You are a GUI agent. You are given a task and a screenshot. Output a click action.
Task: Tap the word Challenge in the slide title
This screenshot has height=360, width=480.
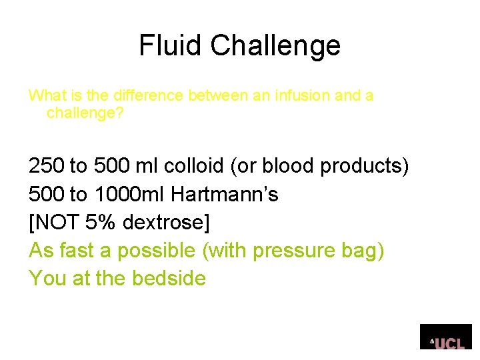point(276,46)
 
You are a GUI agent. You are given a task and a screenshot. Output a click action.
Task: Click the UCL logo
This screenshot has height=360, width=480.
point(447,337)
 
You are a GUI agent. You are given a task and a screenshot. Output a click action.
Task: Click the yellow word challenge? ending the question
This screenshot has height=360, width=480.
point(85,113)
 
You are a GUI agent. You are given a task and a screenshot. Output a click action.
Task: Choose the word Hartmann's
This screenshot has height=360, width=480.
point(225,194)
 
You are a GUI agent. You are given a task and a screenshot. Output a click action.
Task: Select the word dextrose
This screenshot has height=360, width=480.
point(171,222)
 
